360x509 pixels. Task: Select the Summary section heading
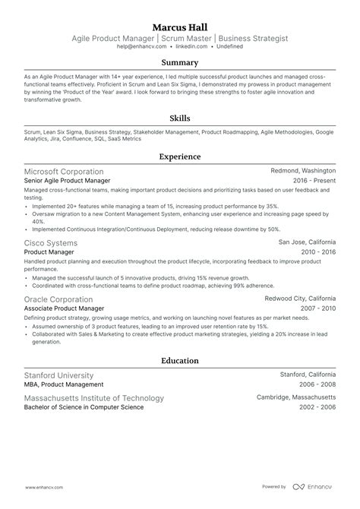pyautogui.click(x=180, y=62)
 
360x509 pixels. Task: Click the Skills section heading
pyautogui.click(x=180, y=119)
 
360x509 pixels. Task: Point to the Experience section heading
pyautogui.click(x=180, y=156)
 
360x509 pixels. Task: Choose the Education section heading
pyautogui.click(x=180, y=360)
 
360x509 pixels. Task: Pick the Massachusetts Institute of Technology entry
pyautogui.click(x=94, y=398)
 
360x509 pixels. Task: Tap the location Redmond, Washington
pyautogui.click(x=303, y=172)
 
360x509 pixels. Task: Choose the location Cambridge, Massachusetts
pyautogui.click(x=296, y=398)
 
